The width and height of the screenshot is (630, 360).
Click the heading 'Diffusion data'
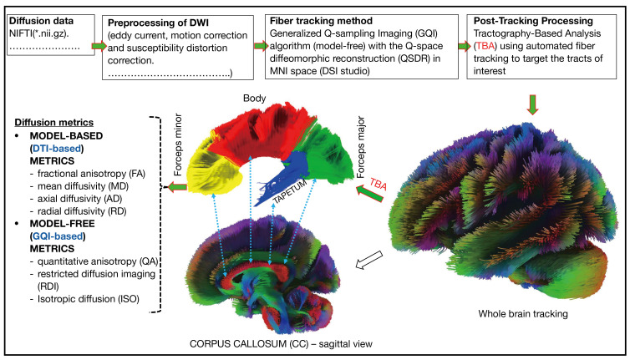[42, 21]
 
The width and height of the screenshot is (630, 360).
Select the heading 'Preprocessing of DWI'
[158, 23]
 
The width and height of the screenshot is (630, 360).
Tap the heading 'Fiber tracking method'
[321, 21]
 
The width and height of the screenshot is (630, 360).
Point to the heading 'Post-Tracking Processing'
[533, 21]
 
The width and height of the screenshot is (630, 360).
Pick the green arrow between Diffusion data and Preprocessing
[99, 46]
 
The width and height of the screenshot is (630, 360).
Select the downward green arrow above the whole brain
[532, 105]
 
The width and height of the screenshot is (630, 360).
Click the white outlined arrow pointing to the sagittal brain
[369, 260]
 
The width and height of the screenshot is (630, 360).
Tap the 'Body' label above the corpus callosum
[254, 98]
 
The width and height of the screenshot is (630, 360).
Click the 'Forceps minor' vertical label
[178, 145]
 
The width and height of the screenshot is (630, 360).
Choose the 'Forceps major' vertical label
[360, 148]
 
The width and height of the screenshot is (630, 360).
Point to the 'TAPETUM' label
[290, 191]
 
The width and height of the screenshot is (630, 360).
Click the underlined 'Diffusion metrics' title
[53, 123]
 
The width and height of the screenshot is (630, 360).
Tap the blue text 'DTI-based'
[57, 148]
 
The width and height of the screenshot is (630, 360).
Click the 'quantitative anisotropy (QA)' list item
[94, 261]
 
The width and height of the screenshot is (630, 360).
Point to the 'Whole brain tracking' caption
[523, 314]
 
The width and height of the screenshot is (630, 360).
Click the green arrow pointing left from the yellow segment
[177, 187]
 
